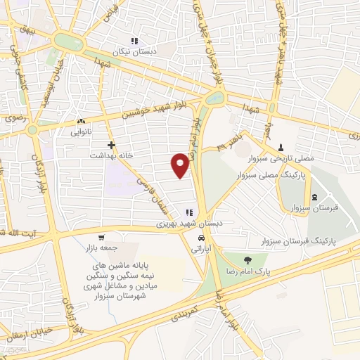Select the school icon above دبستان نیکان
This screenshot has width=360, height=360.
(x=134, y=41)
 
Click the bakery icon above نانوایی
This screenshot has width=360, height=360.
(x=81, y=121)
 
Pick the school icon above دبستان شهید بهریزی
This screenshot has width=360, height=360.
(x=188, y=212)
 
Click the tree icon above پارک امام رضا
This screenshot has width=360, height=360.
(x=244, y=257)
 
